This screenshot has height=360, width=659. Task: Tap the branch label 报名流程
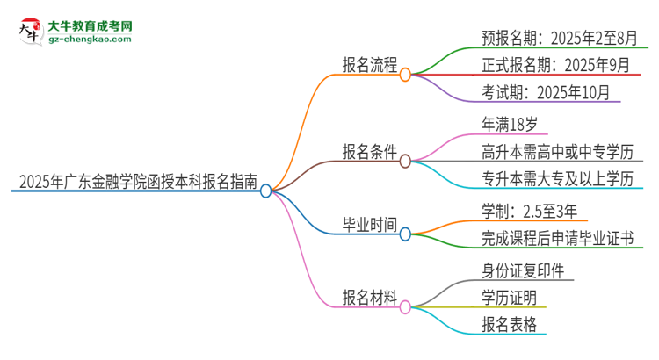pyautogui.click(x=370, y=66)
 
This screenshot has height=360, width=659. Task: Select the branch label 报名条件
pyautogui.click(x=370, y=151)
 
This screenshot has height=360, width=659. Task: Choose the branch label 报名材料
pyautogui.click(x=370, y=296)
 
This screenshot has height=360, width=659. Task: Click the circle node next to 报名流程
pyautogui.click(x=405, y=76)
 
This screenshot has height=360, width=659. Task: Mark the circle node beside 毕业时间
pyautogui.click(x=405, y=234)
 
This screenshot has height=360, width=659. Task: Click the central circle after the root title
pyautogui.click(x=266, y=190)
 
